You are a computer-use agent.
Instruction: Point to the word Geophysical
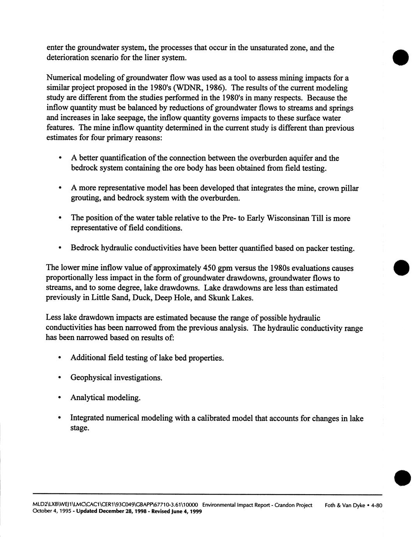pyautogui.click(x=90, y=378)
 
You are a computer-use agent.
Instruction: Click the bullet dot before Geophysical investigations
pyautogui.click(x=60, y=378)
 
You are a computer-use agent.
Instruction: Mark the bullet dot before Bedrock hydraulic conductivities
pyautogui.click(x=60, y=248)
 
